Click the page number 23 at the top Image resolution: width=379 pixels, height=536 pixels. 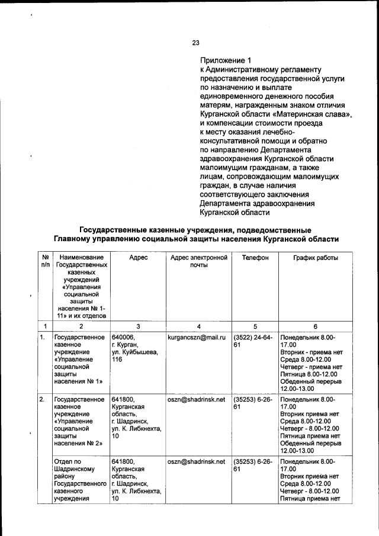[x=195, y=41]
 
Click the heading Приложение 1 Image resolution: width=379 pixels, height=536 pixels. [x=227, y=60]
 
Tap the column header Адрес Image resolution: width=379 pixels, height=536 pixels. [x=137, y=258]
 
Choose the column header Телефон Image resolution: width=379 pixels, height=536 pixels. [x=255, y=258]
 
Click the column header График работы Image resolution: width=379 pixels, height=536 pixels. [x=316, y=258]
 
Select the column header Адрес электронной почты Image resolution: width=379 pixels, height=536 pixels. [x=198, y=262]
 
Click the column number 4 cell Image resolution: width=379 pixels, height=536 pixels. [x=198, y=326]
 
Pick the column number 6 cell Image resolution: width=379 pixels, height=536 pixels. [x=316, y=326]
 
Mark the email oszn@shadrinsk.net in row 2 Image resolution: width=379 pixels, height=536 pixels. [x=196, y=400]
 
